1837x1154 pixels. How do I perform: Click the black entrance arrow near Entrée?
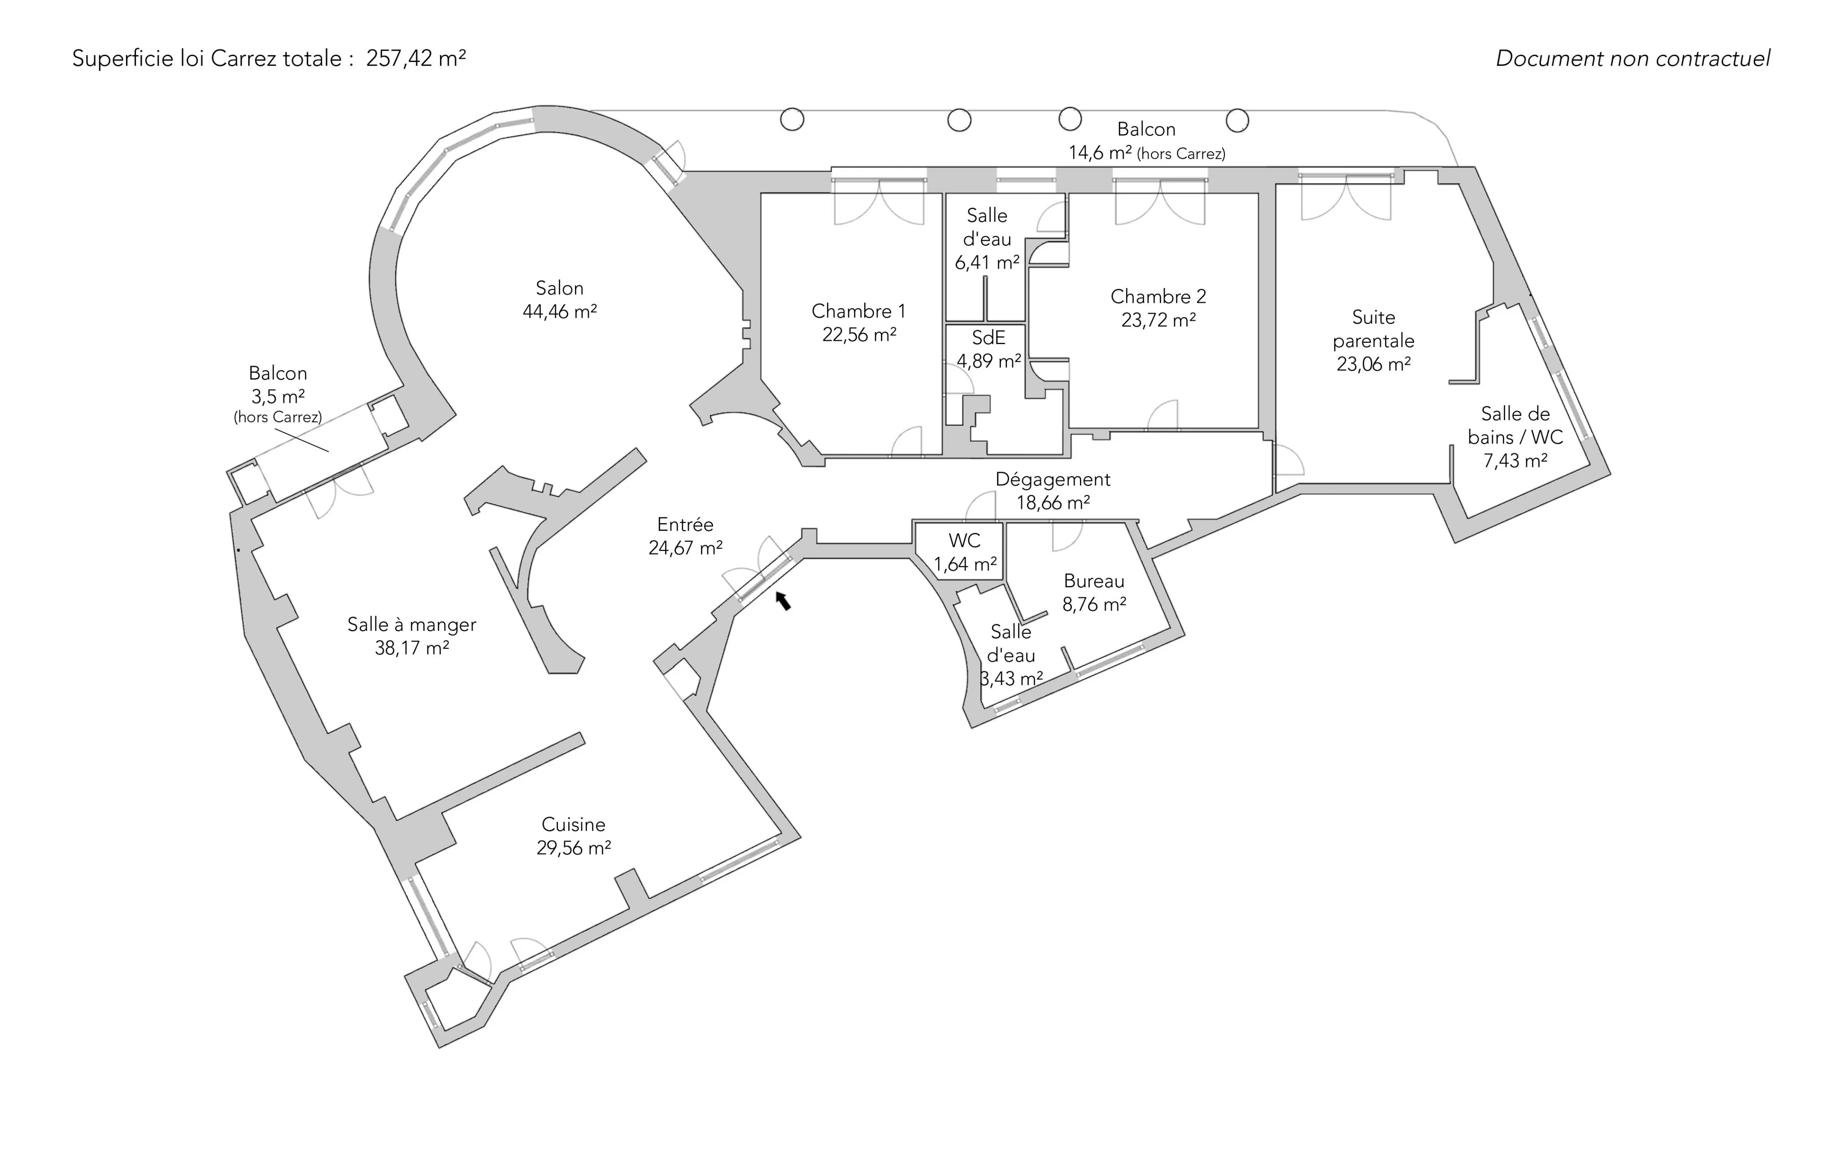[x=784, y=601]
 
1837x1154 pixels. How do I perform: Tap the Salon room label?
[x=559, y=288]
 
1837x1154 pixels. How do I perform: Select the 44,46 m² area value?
[x=559, y=311]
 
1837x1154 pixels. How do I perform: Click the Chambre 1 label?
[x=858, y=311]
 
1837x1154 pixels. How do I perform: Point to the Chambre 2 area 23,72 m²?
[x=1158, y=320]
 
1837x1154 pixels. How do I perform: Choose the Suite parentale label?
[x=1373, y=329]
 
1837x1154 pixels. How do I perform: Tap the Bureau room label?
[x=1094, y=581]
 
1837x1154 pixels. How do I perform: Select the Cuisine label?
[x=574, y=824]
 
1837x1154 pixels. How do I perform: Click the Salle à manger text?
[x=412, y=624]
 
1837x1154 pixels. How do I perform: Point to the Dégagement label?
[x=1053, y=479]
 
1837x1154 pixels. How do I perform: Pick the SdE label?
[x=988, y=337]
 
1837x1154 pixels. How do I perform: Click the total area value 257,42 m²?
[x=416, y=58]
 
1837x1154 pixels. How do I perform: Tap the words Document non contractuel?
[x=1632, y=58]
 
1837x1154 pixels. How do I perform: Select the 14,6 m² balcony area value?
[x=1099, y=153]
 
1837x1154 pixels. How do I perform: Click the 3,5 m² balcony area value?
[x=278, y=397]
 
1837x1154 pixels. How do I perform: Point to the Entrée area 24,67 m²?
[x=685, y=548]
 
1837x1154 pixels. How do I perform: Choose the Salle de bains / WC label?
[x=1515, y=425]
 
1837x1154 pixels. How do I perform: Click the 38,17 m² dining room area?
[x=412, y=648]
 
